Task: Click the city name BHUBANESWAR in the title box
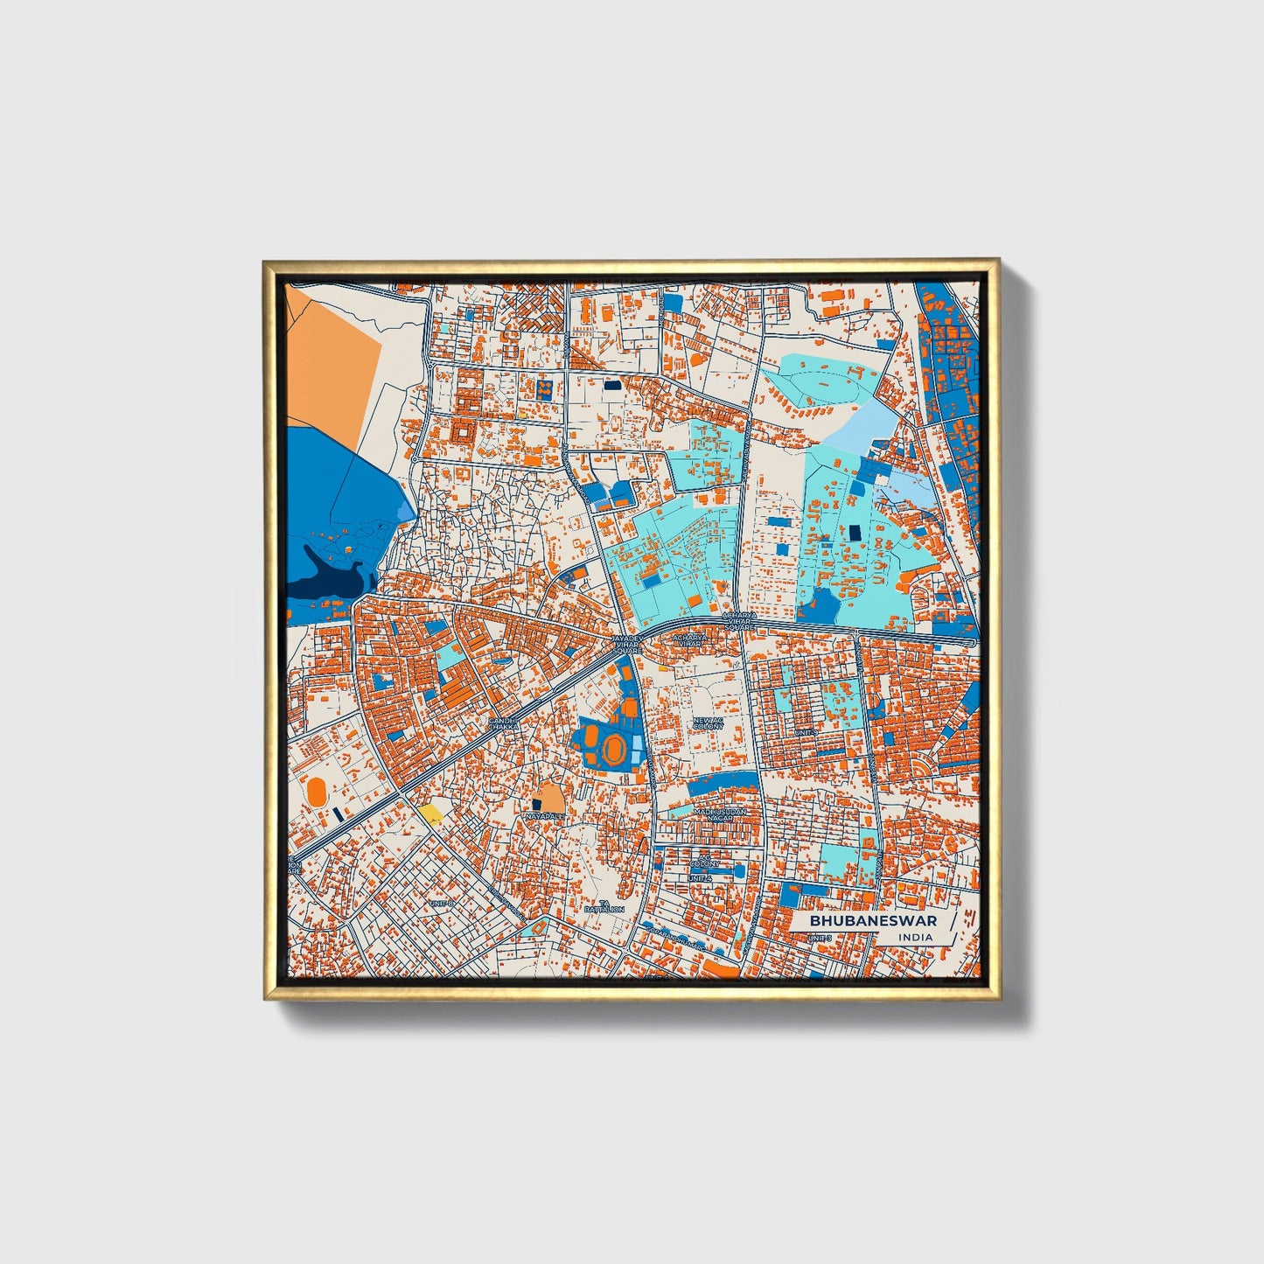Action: coord(872,921)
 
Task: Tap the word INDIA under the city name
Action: coord(915,938)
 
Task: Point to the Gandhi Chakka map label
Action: coord(503,723)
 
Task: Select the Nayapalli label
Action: coord(544,816)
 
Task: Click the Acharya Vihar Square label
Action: coord(738,622)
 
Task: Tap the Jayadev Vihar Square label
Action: coord(626,645)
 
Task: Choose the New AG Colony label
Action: coord(708,723)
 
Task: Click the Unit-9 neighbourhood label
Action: coord(805,732)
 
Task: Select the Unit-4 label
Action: coord(700,877)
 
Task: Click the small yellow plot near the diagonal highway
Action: coord(429,814)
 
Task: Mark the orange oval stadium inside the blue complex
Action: coord(615,749)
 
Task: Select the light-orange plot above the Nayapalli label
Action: coord(550,796)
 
